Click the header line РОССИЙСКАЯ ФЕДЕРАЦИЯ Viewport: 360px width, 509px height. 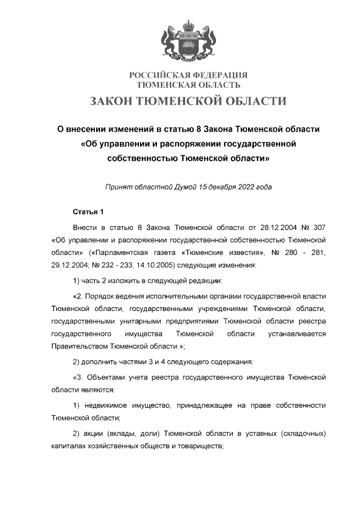(188, 75)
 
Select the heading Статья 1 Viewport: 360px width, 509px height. (89, 212)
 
